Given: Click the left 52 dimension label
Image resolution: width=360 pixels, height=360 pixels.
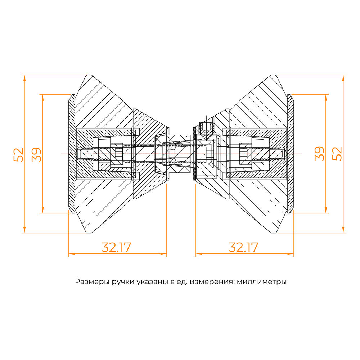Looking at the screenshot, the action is coord(19,155).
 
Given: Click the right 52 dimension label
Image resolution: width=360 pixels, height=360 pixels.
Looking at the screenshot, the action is coord(337,154).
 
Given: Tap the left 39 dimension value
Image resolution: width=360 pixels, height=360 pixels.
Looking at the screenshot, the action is coord(36,155).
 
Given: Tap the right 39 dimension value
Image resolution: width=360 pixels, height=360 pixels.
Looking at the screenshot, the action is coord(319,154).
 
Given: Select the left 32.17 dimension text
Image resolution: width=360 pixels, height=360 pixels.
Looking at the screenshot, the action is coord(116,247).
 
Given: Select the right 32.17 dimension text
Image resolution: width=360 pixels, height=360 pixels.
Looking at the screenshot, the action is coord(243,247).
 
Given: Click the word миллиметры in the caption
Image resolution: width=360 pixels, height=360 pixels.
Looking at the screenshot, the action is coord(262,282).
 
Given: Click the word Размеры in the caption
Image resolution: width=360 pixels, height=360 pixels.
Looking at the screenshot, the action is coord(92,282).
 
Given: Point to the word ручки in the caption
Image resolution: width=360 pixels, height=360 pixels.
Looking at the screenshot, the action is coord(123,282).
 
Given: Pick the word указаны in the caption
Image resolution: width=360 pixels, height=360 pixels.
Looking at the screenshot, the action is coord(152,282).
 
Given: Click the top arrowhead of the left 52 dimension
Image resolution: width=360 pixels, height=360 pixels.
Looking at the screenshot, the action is coord(24,78).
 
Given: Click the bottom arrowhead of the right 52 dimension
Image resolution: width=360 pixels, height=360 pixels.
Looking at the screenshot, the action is coord(343,230).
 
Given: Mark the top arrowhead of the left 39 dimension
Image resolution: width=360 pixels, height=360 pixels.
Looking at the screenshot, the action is coord(43,97).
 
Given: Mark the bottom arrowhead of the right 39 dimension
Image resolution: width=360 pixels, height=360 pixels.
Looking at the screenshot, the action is coord(325,210).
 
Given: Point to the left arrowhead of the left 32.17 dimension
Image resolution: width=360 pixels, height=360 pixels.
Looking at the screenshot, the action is coord(72,254).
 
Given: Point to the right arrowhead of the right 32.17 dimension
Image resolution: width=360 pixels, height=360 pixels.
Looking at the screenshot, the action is coord(291,254).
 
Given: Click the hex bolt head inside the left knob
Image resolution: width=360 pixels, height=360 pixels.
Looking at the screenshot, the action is coord(118,154).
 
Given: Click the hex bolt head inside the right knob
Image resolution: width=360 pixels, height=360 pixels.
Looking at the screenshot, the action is coord(243,154).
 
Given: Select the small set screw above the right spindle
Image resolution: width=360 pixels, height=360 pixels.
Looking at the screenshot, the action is coord(206,128).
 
